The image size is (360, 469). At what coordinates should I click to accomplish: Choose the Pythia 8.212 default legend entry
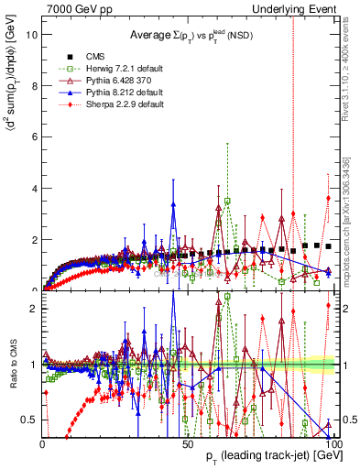(x=114, y=93)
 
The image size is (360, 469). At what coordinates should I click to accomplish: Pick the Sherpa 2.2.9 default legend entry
(x=114, y=104)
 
